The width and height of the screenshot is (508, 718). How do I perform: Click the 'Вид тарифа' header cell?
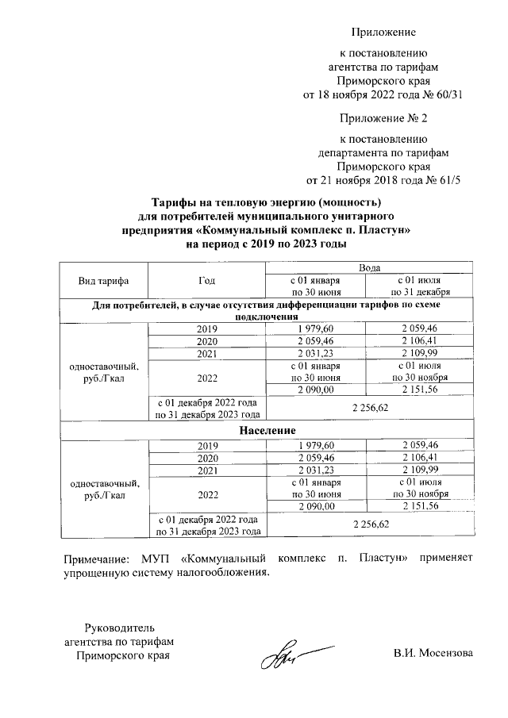[103, 281]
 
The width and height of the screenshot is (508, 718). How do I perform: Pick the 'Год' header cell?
[206, 281]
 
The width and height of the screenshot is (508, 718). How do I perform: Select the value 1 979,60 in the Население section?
[317, 446]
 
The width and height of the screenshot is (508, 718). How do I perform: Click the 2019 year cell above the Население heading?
[206, 328]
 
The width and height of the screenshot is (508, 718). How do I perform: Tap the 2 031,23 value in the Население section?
[317, 471]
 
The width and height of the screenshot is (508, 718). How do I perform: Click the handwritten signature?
[291, 655]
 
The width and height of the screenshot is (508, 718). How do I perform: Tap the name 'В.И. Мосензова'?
[433, 654]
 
